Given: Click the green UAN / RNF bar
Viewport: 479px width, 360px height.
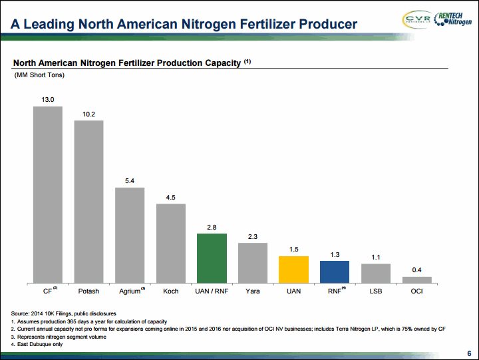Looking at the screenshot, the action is [212, 258].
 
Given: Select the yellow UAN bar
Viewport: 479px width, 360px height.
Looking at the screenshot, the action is [293, 270].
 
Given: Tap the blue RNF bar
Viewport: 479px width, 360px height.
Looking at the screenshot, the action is [335, 272].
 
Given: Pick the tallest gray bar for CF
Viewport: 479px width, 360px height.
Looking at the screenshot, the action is [48, 195].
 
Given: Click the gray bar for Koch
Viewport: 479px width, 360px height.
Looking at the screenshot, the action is [171, 244].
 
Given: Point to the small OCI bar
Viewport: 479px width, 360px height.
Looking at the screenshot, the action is [417, 280].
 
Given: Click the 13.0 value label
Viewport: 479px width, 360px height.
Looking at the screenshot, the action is [48, 100].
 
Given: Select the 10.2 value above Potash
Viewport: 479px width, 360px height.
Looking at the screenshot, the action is [89, 114].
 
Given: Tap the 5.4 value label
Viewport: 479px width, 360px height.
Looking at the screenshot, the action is [130, 181].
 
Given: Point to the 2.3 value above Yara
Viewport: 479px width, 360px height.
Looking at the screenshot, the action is [253, 236].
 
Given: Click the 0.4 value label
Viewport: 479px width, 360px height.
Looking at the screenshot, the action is [416, 270].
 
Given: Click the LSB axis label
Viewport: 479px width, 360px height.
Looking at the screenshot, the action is [376, 291].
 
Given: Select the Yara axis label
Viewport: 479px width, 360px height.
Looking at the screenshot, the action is [253, 291].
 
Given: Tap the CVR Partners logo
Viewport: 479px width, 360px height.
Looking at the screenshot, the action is [417, 19].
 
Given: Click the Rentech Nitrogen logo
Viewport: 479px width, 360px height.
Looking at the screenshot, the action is [453, 19].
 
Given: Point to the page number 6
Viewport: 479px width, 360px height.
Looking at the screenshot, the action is [469, 353].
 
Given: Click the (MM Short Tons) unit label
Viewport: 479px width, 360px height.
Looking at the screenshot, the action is [39, 75].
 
